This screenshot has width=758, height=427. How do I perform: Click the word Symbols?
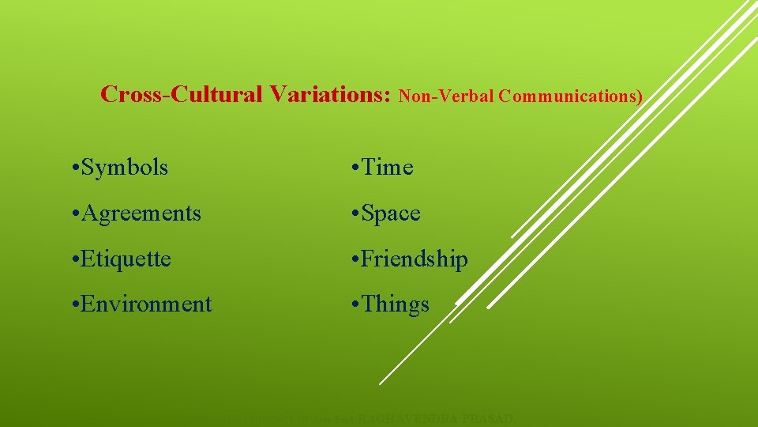(125, 168)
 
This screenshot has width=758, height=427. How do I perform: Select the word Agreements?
(141, 213)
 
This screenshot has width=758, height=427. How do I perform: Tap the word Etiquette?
(126, 259)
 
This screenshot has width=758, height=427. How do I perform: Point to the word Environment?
(147, 304)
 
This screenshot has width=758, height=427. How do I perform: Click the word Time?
(387, 168)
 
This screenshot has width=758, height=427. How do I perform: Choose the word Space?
(391, 213)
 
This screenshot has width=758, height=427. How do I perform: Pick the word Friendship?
(415, 259)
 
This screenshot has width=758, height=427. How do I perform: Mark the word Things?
(396, 304)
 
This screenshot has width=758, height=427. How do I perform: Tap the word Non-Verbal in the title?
(447, 96)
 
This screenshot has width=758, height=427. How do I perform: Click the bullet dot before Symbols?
(73, 168)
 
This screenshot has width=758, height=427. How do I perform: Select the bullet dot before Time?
(355, 168)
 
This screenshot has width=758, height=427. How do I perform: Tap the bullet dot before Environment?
(73, 305)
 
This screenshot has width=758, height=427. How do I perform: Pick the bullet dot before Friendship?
(355, 260)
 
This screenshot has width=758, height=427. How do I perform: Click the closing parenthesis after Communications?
(640, 97)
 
